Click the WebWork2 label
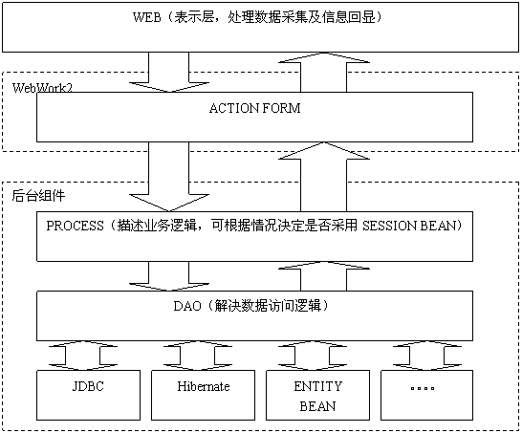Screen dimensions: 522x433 click(42, 88)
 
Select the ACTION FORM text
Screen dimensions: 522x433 click(254, 108)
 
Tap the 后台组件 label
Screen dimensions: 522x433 click(38, 195)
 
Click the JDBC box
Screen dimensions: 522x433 click(88, 395)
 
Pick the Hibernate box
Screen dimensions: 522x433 click(203, 395)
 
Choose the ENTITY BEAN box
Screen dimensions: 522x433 click(317, 395)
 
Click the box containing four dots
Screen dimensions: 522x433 click(426, 395)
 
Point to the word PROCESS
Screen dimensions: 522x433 click(75, 226)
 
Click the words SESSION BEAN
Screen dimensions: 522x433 click(409, 226)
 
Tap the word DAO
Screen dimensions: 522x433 click(187, 306)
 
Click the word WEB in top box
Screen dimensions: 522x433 click(147, 17)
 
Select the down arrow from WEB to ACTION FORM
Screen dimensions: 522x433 click(169, 72)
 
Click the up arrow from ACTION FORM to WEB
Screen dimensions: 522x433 click(323, 73)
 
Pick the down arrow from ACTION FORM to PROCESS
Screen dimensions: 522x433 click(169, 177)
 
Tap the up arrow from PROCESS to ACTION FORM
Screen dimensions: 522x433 click(323, 177)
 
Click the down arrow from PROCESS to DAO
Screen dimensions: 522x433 click(169, 276)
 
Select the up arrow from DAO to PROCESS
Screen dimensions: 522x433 click(323, 276)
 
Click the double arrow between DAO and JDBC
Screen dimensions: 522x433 click(82, 356)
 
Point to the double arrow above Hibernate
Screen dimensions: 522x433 click(197, 356)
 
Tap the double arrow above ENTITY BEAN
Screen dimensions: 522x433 click(313, 356)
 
